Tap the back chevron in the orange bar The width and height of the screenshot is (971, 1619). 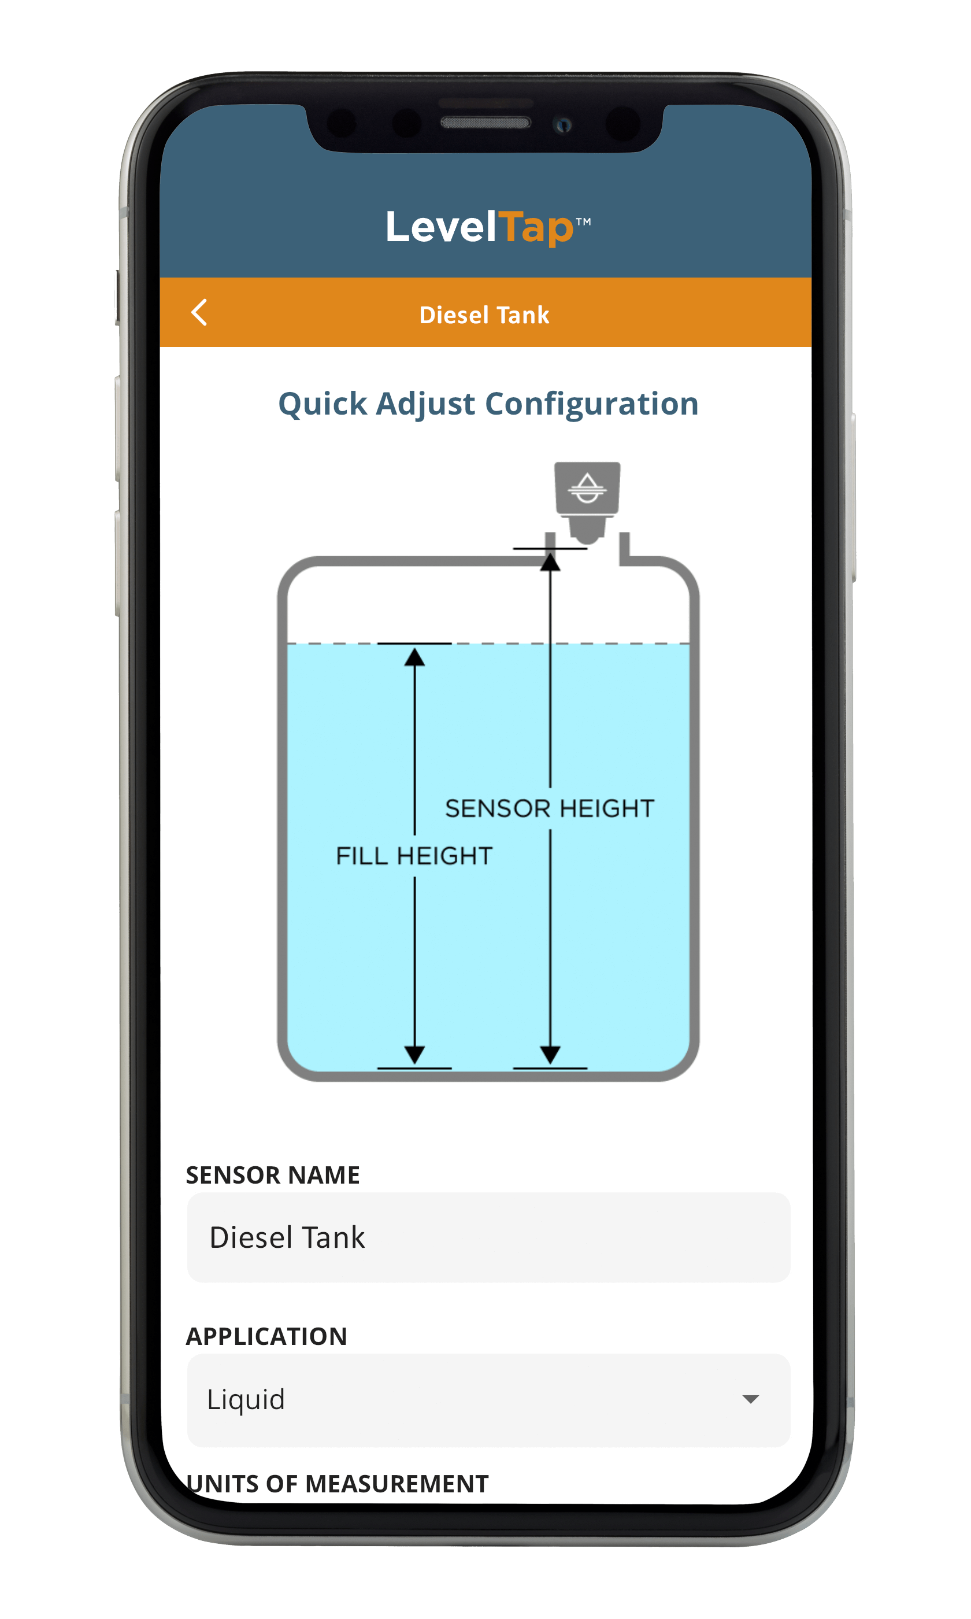pos(199,312)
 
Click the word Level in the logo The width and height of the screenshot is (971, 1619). pos(441,228)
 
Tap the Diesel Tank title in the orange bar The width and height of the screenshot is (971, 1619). pos(484,315)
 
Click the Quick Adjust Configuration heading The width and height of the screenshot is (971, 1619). pos(488,404)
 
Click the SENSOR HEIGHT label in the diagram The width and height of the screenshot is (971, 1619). pos(550,808)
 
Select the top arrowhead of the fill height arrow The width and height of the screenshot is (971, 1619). pos(414,656)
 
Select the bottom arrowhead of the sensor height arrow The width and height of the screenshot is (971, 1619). pos(550,1054)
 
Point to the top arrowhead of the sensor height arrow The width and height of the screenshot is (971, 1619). pos(550,561)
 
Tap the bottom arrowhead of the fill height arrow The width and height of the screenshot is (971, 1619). pos(414,1054)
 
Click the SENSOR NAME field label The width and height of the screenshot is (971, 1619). pos(273,1176)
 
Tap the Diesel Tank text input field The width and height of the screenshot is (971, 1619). pos(488,1237)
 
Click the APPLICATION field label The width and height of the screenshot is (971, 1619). pos(266,1336)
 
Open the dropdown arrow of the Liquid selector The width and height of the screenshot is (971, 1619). pos(750,1399)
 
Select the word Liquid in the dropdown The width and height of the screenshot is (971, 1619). pos(246,1399)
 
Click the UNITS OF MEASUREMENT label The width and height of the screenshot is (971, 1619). pos(338,1484)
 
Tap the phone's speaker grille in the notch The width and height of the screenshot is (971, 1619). pos(485,123)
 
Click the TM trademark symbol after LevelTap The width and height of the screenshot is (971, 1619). pos(584,222)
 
